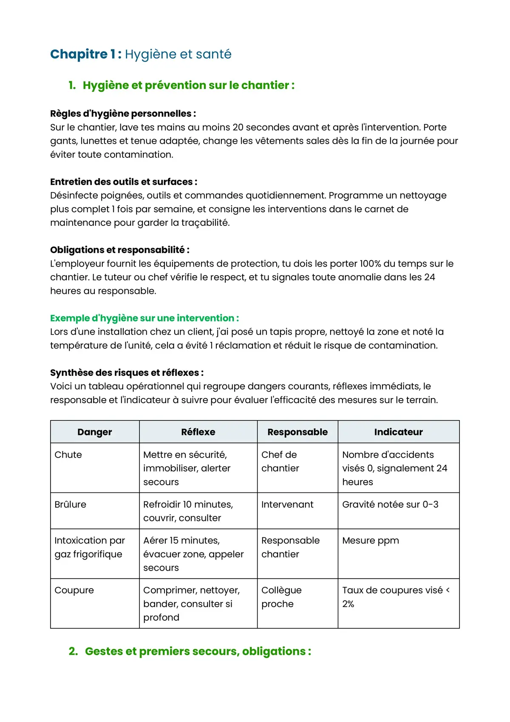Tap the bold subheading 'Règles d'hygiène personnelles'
(x=122, y=114)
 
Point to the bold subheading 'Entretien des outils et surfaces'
(x=123, y=182)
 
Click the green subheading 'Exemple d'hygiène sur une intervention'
(x=144, y=318)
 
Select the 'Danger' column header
(x=95, y=432)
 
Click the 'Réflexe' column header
(x=198, y=432)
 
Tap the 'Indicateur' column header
(x=398, y=432)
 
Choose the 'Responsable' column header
(x=297, y=432)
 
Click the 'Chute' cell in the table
(x=68, y=455)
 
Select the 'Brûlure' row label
(x=71, y=504)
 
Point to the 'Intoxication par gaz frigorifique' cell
(x=89, y=547)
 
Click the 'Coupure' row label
(x=74, y=590)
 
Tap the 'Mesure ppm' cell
(x=371, y=540)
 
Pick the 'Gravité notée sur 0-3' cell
(x=390, y=504)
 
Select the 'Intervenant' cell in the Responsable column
(x=287, y=504)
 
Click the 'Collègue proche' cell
(x=281, y=597)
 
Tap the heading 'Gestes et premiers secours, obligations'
(x=198, y=651)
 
